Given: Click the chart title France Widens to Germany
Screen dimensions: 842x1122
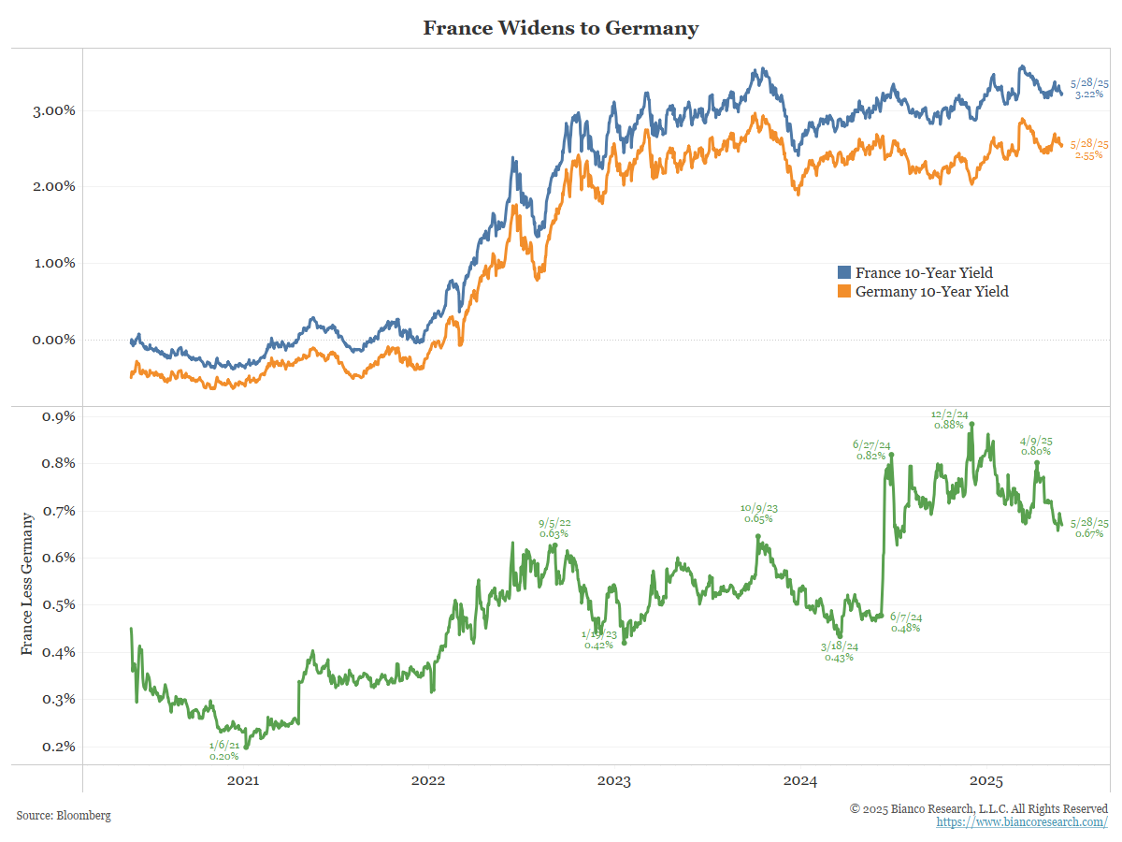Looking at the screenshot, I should [560, 28].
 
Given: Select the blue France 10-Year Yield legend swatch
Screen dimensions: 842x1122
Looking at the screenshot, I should [843, 273].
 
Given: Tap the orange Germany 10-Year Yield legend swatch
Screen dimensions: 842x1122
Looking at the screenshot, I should [843, 292].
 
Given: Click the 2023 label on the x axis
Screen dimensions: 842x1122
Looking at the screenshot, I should [613, 781].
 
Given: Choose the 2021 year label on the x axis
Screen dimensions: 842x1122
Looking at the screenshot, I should [242, 781].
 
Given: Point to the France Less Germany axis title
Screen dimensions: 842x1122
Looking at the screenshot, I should [27, 582].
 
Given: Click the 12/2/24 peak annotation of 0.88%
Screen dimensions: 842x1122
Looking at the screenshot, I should [949, 419].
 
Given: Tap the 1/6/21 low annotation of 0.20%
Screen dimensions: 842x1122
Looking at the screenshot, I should [224, 750].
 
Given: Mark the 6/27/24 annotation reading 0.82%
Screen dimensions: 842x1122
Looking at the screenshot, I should [870, 450].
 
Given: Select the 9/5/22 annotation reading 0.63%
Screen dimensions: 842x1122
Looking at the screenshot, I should [554, 529].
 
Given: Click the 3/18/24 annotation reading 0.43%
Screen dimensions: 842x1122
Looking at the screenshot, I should [839, 651].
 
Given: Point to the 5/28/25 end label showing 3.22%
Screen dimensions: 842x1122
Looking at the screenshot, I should [1089, 89].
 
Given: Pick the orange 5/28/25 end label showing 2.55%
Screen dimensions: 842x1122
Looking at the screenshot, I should [1089, 149].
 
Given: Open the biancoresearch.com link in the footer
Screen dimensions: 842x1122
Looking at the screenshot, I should [1022, 821].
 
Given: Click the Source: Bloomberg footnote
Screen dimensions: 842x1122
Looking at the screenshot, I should [64, 816].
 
